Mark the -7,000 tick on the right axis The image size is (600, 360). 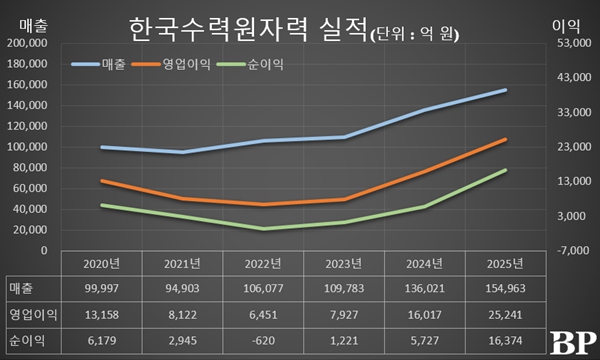click(563, 250)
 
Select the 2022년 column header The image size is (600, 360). click(264, 264)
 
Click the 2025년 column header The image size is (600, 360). click(502, 264)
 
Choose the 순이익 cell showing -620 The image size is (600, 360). click(264, 339)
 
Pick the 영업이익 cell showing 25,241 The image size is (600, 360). click(502, 314)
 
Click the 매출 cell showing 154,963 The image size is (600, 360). click(502, 289)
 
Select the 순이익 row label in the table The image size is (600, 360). click(28, 339)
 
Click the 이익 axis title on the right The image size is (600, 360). click(566, 22)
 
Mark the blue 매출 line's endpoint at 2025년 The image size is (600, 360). click(505, 90)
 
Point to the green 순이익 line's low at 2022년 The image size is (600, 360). click(264, 229)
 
